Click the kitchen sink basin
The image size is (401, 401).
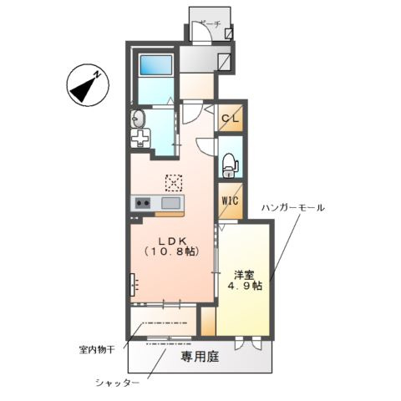click(x=170, y=203)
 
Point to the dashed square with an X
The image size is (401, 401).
click(x=173, y=181)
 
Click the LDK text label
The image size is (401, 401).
click(x=171, y=238)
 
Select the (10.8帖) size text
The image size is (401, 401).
click(x=171, y=251)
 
